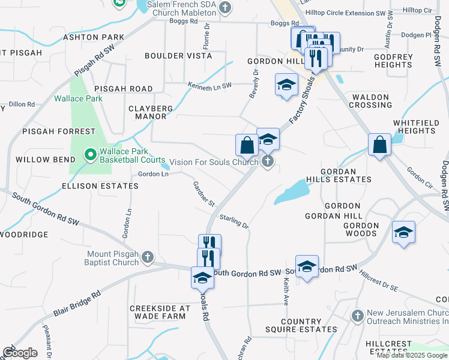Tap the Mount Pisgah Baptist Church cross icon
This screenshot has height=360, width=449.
147,258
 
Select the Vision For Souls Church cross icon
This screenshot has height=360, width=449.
268,161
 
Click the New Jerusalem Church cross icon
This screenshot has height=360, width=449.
358,316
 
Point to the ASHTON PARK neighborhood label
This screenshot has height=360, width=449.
94,37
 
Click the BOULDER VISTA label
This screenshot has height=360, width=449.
178,56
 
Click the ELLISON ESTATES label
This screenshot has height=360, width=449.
100,186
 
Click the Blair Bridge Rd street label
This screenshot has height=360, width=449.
76,305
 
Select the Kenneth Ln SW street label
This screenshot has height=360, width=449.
209,86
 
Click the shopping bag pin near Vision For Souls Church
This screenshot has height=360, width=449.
247,145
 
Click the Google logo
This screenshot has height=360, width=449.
20,353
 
